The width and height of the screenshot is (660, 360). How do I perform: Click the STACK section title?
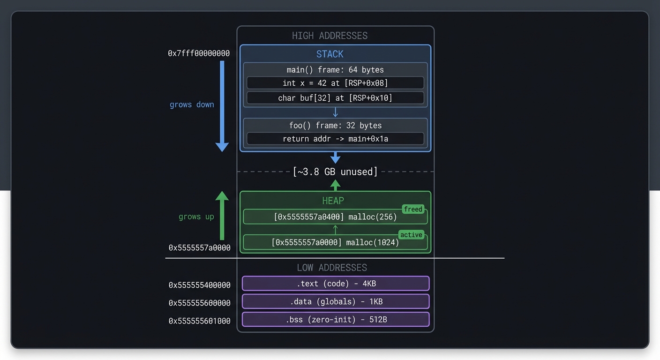point(330,54)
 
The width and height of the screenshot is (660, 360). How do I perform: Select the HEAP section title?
point(333,201)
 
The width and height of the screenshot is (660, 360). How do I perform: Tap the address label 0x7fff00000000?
point(199,53)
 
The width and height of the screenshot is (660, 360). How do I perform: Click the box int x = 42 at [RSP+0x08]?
point(335,83)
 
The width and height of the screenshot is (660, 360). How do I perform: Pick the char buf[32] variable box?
point(335,98)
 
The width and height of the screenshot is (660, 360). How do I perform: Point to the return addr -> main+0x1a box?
point(335,139)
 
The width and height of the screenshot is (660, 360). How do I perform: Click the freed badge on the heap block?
point(413,209)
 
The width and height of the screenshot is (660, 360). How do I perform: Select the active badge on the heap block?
point(411,235)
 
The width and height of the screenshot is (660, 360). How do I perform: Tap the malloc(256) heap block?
point(335,217)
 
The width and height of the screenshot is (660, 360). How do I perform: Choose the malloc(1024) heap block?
point(335,242)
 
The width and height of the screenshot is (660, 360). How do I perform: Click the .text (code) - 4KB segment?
point(336,284)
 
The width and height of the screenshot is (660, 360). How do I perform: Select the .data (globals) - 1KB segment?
point(336,301)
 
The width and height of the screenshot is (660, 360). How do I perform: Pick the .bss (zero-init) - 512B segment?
point(336,320)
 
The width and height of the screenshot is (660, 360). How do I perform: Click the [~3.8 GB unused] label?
point(335,172)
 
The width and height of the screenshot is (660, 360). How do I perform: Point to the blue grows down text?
point(192,105)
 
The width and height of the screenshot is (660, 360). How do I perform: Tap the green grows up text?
point(196,217)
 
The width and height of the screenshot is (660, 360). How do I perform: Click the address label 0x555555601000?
point(200,321)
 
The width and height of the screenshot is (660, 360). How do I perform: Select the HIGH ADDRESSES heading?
point(330,36)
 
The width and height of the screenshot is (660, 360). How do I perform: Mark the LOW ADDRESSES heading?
point(332,268)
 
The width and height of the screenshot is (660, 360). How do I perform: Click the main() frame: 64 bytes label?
point(335,70)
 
